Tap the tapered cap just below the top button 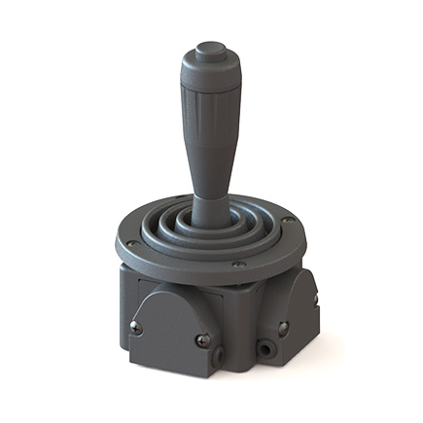(x=209, y=69)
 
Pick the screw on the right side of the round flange (x=289, y=221)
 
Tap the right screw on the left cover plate (x=201, y=339)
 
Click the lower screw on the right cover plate (x=283, y=329)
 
